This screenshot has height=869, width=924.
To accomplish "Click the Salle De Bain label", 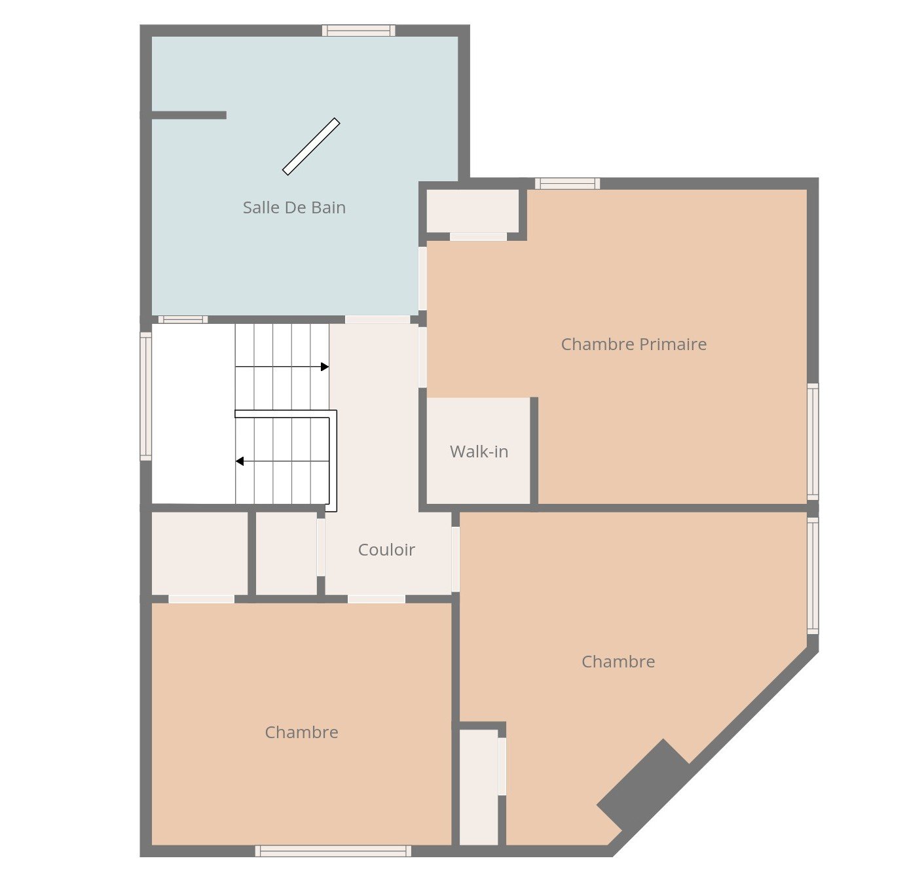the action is pos(294,207).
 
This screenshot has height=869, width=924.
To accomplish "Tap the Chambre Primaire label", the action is pos(634,345).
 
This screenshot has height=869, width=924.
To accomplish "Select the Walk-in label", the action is pos(479,452).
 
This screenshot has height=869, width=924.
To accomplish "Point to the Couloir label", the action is pos(386,550).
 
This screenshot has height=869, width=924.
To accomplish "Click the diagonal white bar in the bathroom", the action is pos(311,147).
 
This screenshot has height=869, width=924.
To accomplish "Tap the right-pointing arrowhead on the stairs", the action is pos(325,367).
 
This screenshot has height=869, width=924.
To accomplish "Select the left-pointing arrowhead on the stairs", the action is pos(240,461).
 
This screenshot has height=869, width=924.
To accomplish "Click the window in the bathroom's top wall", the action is pos(359,31).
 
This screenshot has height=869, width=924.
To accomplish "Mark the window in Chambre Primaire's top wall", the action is pos(567,184).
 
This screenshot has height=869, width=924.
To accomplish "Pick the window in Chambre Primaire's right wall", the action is pos(812,442).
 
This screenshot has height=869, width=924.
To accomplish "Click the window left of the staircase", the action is pos(146,396).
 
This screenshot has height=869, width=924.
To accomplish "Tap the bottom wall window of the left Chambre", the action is pos(333,851).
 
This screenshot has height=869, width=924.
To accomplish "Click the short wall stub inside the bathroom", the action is pos(189,115).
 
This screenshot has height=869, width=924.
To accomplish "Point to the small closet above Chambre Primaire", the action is pos(472,211).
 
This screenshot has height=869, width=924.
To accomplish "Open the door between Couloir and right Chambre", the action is pos(456,559).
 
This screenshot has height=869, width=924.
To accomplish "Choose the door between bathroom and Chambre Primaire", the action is pos(422,279).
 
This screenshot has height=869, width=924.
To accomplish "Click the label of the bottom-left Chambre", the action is pos(301,732).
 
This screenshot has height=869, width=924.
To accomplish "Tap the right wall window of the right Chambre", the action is pos(812,576).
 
